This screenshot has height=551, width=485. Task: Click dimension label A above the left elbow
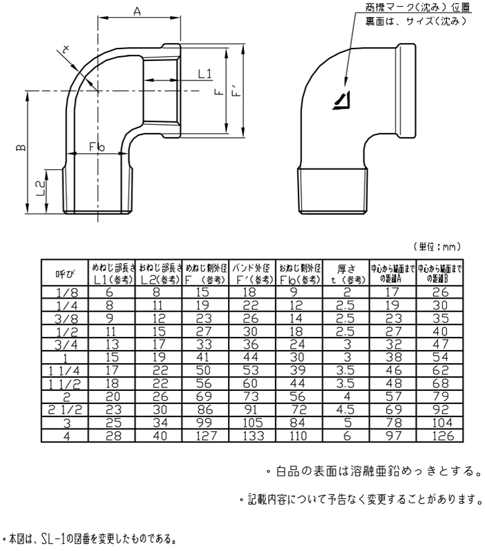coord(136,12)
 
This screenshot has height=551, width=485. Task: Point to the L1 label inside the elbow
coord(204,73)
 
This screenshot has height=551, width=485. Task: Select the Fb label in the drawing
coord(96,147)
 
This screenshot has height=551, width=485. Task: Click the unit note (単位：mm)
coord(437,246)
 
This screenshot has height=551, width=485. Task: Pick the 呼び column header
coord(64,274)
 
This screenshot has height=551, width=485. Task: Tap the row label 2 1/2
coord(64,410)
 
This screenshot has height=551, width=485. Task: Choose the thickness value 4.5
coord(345,410)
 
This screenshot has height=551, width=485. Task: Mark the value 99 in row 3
coord(206,423)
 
